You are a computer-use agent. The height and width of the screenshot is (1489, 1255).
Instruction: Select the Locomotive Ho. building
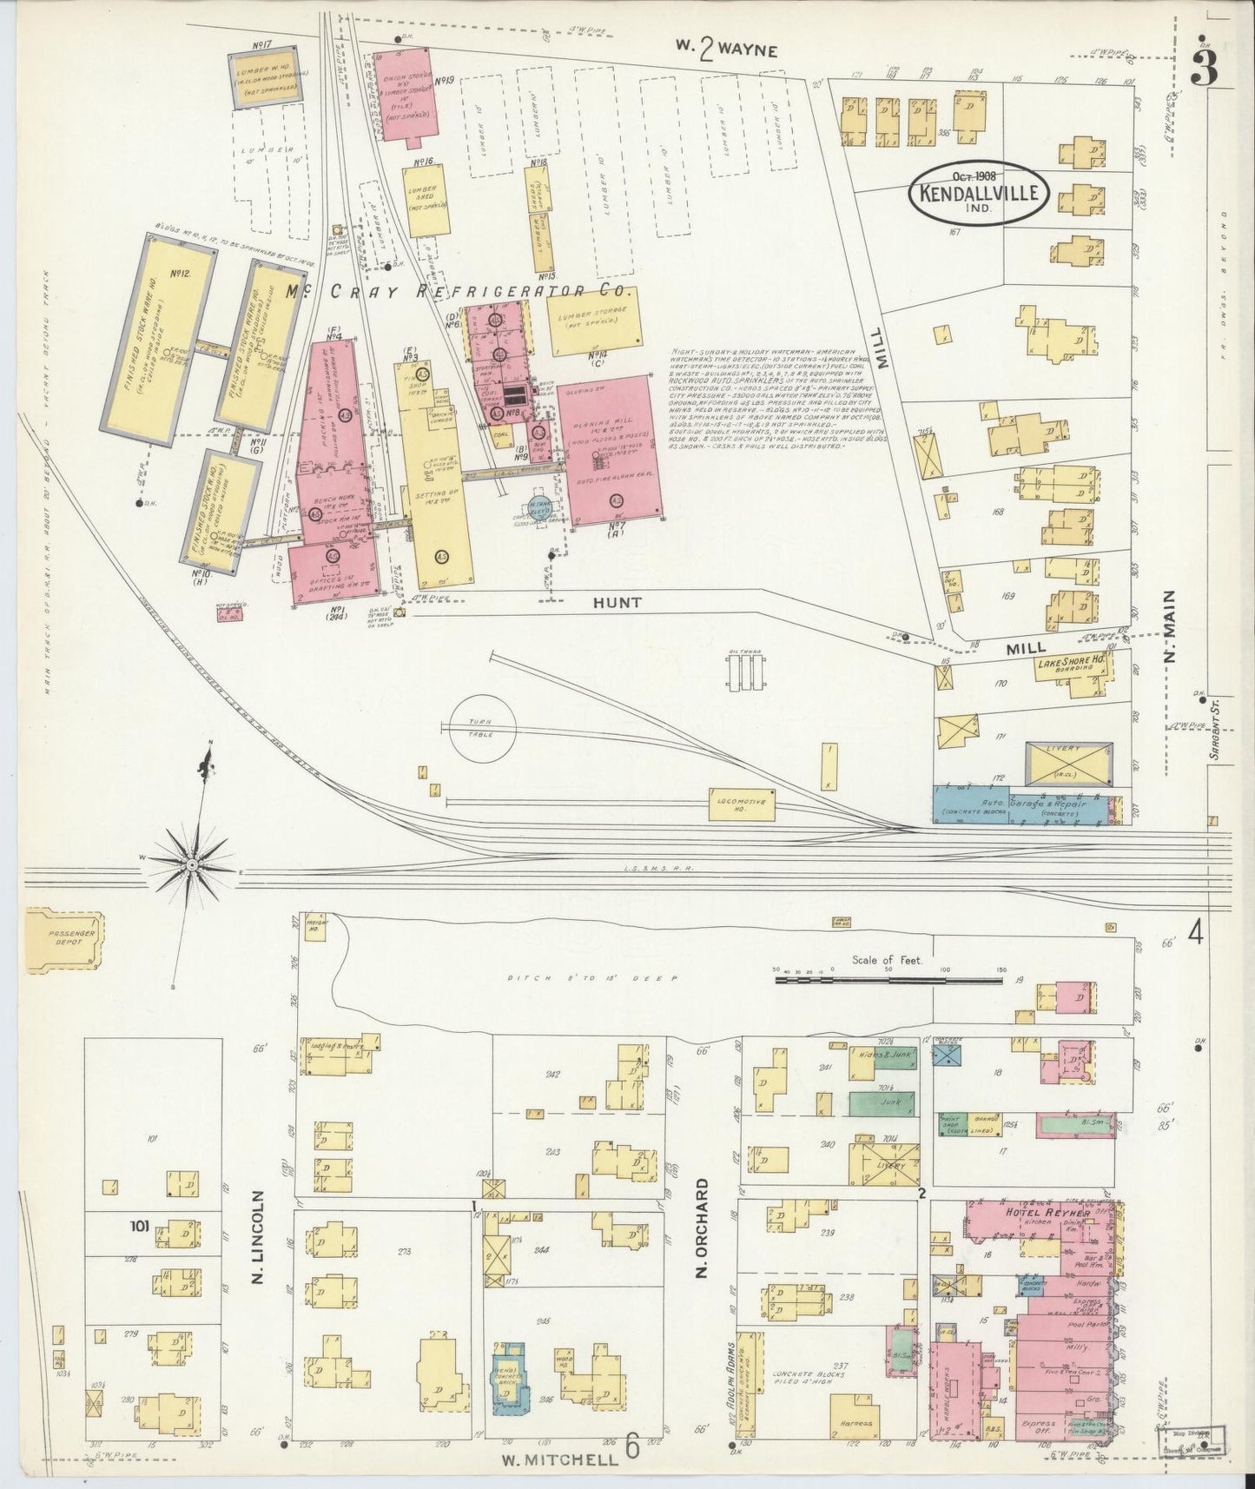coord(741,803)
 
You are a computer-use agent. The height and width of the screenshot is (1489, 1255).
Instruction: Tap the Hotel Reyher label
coord(1035,1213)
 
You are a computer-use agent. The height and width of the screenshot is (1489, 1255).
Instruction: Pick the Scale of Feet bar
coord(889,980)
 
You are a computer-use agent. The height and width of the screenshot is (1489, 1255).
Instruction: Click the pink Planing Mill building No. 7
coord(611,450)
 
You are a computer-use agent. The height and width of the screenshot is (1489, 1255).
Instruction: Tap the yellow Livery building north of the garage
coord(1068,761)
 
